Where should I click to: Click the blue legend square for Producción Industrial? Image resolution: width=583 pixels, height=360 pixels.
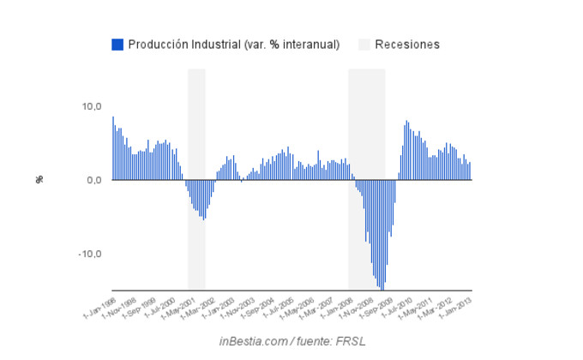pyautogui.click(x=117, y=45)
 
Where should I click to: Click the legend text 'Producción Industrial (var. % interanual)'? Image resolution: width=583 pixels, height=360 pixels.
pyautogui.click(x=234, y=45)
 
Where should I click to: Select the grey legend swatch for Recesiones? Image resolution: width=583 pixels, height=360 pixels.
pyautogui.click(x=364, y=45)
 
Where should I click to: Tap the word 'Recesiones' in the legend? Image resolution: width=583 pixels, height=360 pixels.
pyautogui.click(x=407, y=45)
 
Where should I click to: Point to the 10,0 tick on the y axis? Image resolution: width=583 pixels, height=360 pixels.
pyautogui.click(x=91, y=106)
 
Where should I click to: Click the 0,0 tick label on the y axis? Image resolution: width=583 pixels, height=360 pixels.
pyautogui.click(x=93, y=180)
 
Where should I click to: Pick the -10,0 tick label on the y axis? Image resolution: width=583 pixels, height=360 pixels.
pyautogui.click(x=90, y=254)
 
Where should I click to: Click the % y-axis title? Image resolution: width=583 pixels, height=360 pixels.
pyautogui.click(x=39, y=179)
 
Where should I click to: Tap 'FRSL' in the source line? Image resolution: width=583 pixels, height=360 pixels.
pyautogui.click(x=348, y=341)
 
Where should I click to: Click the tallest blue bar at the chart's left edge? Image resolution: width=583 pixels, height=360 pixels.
pyautogui.click(x=113, y=148)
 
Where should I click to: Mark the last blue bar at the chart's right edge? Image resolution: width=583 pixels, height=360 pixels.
pyautogui.click(x=470, y=171)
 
